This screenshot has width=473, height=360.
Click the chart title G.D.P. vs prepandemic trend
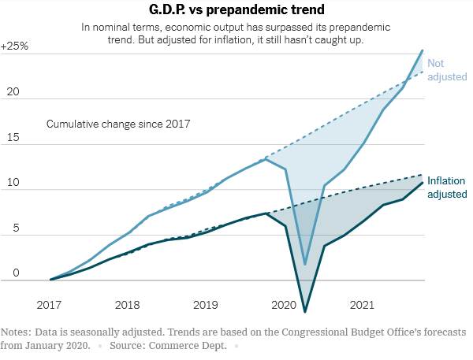(x=236, y=11)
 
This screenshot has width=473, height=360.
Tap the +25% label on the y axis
(x=15, y=46)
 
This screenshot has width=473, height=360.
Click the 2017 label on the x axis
(x=50, y=305)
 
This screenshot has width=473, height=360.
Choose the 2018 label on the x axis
(x=128, y=305)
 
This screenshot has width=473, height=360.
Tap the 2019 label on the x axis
(x=206, y=305)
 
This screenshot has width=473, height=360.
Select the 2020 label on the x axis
(x=284, y=305)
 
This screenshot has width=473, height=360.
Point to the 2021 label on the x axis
(x=362, y=305)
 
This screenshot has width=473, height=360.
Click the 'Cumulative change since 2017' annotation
(x=118, y=124)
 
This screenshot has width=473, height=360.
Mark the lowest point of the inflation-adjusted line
(x=305, y=312)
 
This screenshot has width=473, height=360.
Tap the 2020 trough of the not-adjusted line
(x=305, y=265)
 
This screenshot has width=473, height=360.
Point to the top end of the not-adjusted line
(x=423, y=50)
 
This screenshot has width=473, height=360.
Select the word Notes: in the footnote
(x=17, y=332)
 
